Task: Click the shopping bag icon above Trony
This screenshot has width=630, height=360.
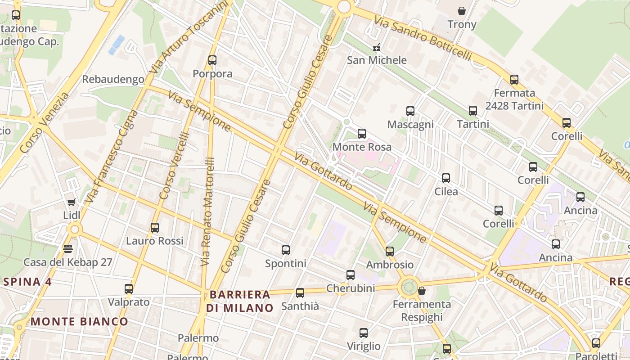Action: (x=461, y=11)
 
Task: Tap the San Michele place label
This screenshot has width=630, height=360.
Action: (x=377, y=60)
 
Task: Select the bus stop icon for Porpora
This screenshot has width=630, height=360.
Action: (x=212, y=60)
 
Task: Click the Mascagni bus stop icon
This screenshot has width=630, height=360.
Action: (x=410, y=111)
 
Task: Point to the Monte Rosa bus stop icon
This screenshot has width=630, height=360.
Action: (x=362, y=134)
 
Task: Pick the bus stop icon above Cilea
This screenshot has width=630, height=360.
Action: (x=446, y=178)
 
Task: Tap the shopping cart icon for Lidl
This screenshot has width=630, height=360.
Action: (x=71, y=202)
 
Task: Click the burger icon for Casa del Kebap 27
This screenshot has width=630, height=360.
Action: (x=68, y=249)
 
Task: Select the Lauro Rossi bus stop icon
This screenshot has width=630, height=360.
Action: (x=155, y=228)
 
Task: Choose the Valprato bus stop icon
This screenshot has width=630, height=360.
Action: (x=129, y=289)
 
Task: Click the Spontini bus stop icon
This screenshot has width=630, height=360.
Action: (x=286, y=250)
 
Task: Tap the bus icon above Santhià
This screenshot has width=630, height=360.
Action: (x=300, y=293)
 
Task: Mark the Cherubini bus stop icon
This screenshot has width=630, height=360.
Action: (x=351, y=275)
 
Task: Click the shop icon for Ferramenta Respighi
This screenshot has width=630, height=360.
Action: (x=422, y=291)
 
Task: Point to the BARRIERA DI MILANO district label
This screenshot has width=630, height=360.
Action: (x=240, y=301)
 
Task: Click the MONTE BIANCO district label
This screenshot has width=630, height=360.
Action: (x=80, y=321)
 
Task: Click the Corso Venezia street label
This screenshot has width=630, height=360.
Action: (x=45, y=122)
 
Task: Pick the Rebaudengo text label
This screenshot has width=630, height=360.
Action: (x=113, y=80)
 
